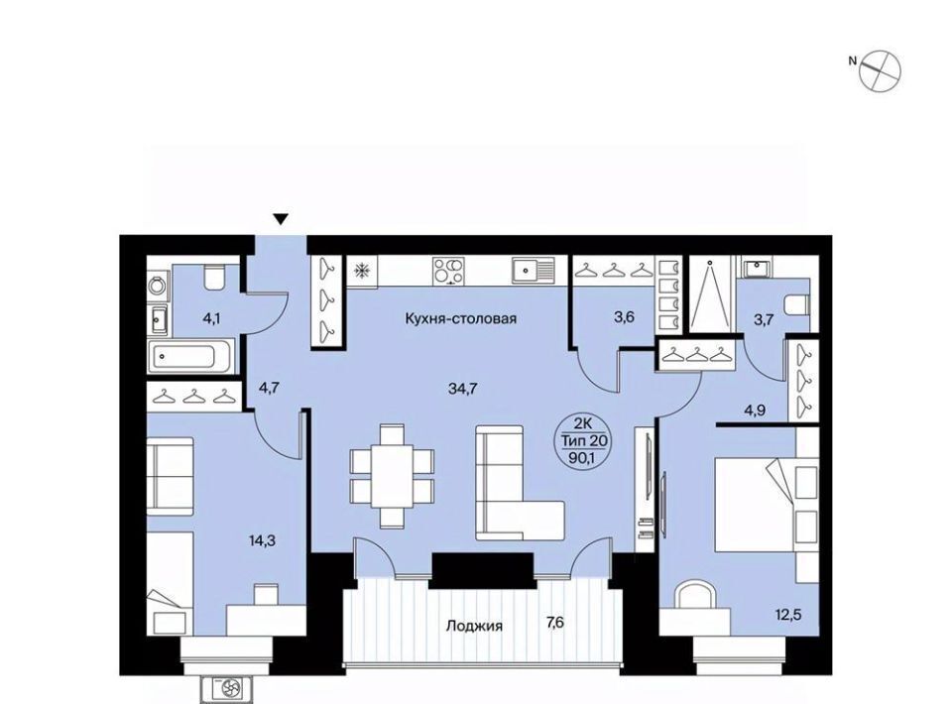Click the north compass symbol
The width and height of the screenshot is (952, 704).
880,71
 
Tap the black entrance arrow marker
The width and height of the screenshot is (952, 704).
280,219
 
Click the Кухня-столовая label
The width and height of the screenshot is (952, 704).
460,318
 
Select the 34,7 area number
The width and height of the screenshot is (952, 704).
463,389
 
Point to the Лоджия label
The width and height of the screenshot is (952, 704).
474,625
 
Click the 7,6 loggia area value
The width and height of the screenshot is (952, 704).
555,623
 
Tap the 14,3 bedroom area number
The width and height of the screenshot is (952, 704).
261,539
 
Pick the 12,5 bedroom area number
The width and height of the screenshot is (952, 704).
787,614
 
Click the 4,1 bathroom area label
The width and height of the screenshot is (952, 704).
212,319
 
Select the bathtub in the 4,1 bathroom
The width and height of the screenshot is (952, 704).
191,356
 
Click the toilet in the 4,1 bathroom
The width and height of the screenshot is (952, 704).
214,277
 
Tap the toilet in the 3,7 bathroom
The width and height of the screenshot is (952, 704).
797,304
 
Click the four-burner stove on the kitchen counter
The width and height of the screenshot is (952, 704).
448,270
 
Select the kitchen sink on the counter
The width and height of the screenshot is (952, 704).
533,270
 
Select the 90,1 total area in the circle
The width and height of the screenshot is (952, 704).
582,458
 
